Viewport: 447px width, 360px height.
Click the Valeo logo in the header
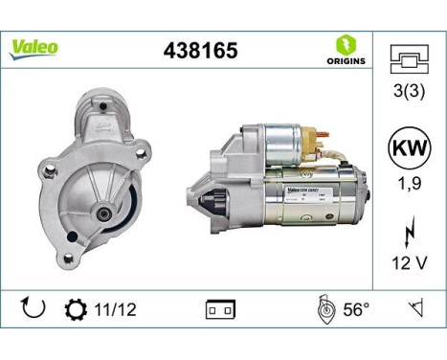(x=34, y=47)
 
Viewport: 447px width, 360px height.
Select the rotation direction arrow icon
(x=32, y=308)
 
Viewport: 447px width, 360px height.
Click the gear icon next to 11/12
(x=74, y=309)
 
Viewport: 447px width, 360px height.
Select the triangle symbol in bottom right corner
(x=416, y=309)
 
